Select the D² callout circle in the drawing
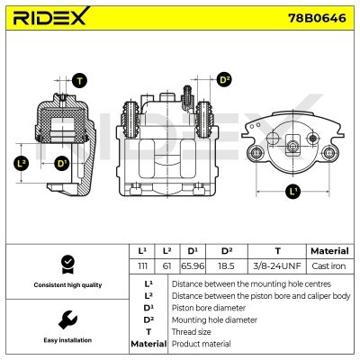[x=225, y=81]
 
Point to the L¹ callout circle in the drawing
[x=292, y=191]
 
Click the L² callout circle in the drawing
[x=22, y=163]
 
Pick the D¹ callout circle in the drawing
[x=62, y=163]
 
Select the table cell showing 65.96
[x=192, y=266]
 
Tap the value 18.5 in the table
[x=228, y=266]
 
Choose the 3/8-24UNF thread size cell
[x=276, y=266]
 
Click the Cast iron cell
[x=328, y=266]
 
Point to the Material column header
[x=328, y=251]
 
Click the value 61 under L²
[x=167, y=266]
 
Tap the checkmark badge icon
[x=65, y=263]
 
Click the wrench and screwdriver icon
[x=65, y=319]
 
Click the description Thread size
[x=193, y=331]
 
